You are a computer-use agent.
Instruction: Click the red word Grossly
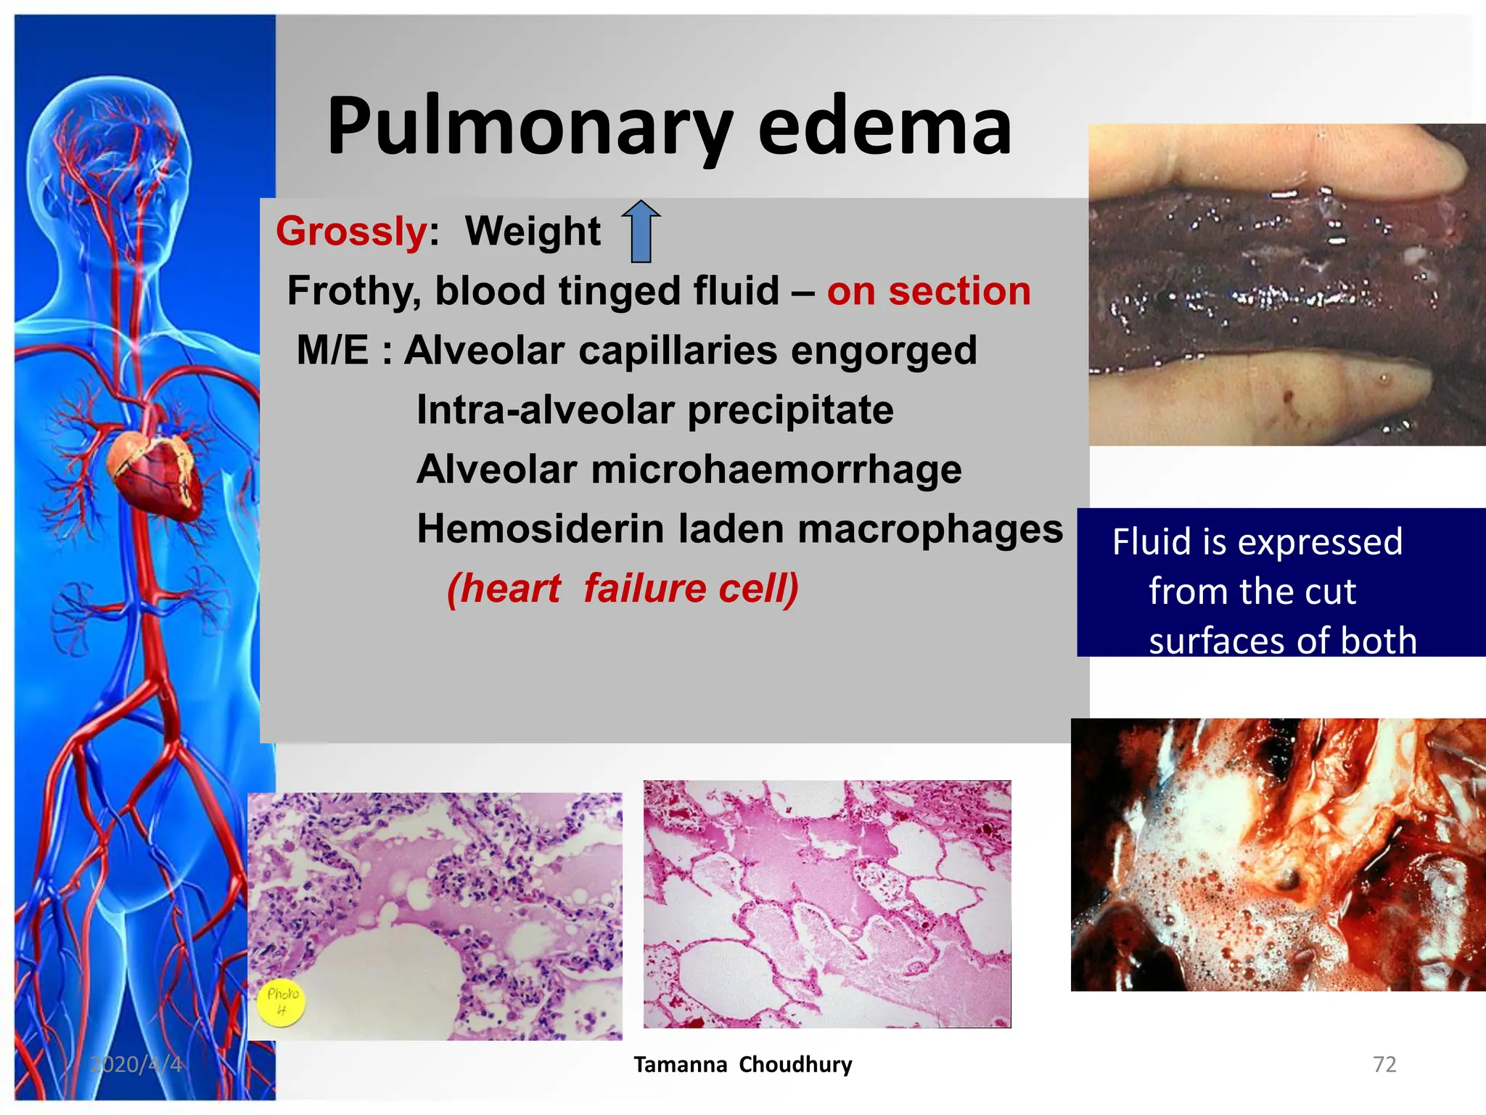[x=352, y=232]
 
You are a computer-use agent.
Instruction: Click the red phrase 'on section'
[x=929, y=291]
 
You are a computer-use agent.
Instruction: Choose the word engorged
[x=884, y=351]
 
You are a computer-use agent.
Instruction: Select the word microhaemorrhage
[x=776, y=470]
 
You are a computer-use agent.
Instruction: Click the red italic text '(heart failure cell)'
[x=623, y=588]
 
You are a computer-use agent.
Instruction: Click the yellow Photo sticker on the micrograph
[x=282, y=1002]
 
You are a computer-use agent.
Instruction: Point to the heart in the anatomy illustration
[x=154, y=473]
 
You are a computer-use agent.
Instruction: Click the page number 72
[x=1384, y=1064]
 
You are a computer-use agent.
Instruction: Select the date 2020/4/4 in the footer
[x=136, y=1064]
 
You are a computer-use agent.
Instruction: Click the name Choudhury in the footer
[x=795, y=1064]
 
